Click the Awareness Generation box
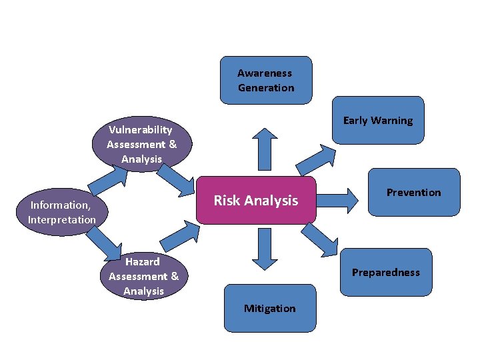[x=266, y=80]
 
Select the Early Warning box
[x=378, y=120]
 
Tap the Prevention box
[x=413, y=192]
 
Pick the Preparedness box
[x=385, y=271]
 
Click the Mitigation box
[x=269, y=307]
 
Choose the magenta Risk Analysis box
[x=256, y=201]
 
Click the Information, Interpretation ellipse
[x=62, y=212]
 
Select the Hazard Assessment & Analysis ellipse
[x=143, y=276]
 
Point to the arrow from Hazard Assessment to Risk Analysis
[x=181, y=236]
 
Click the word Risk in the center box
[x=227, y=201]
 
